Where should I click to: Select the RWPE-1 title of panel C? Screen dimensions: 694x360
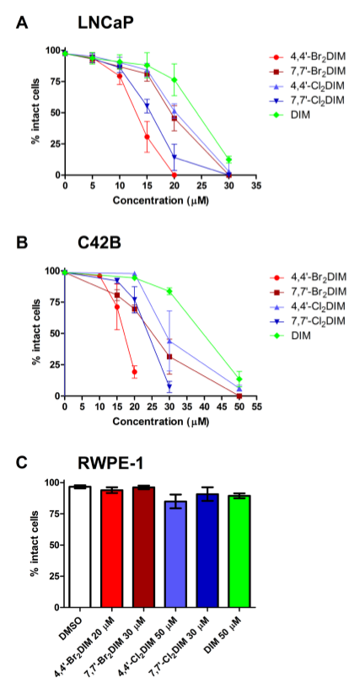pyautogui.click(x=99, y=463)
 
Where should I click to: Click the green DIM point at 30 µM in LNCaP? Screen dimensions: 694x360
pyautogui.click(x=228, y=159)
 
